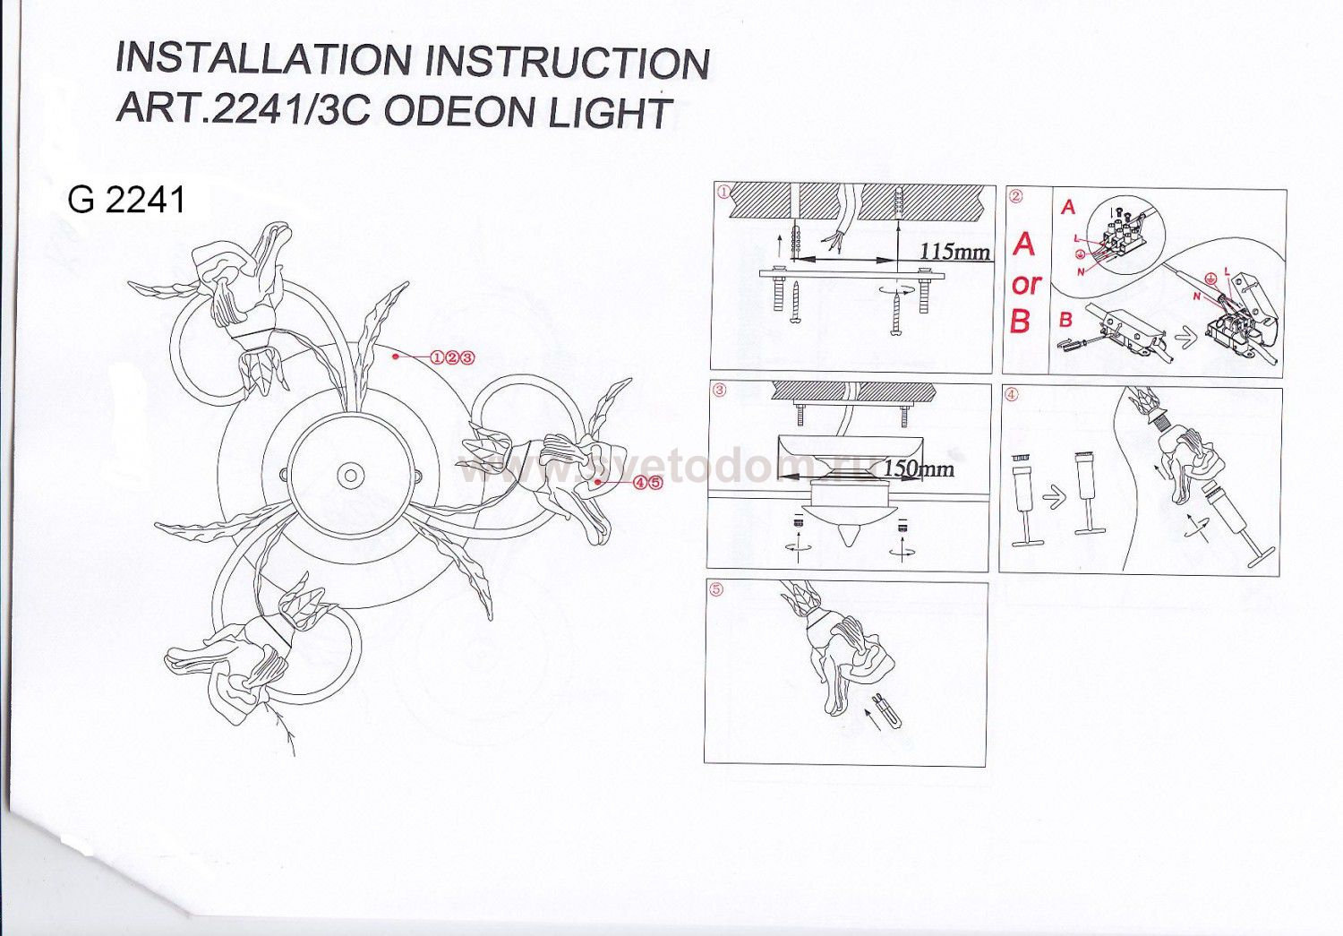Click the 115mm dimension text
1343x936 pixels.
pos(954,251)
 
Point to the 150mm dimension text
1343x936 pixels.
pos(918,468)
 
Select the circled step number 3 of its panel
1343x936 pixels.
pos(719,391)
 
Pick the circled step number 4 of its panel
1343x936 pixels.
pos(1011,395)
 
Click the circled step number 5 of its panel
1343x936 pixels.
pos(715,590)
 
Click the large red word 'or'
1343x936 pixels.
pos(1026,284)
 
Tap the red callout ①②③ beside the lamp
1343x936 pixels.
pos(452,357)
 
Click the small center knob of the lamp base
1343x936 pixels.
pos(350,475)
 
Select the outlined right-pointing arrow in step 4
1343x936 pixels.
pos(1055,497)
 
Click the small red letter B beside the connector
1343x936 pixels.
pos(1065,318)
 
